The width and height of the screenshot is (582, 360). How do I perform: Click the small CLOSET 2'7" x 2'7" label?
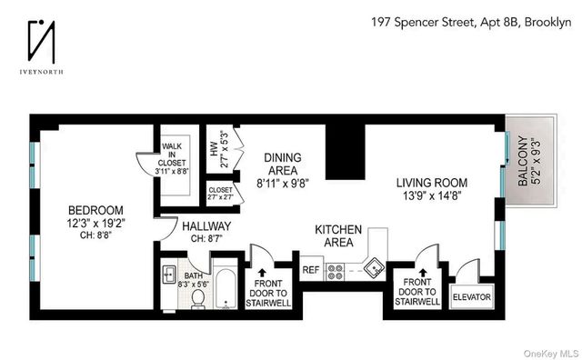click(220, 194)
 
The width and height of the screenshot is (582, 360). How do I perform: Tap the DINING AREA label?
click(282, 169)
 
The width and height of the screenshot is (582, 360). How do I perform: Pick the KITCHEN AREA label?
click(338, 236)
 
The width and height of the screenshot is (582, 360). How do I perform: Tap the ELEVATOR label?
click(470, 295)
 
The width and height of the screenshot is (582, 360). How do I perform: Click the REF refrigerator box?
click(310, 270)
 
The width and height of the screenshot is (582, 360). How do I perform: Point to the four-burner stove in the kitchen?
click(336, 270)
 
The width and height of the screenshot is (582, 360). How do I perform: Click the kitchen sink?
click(374, 268)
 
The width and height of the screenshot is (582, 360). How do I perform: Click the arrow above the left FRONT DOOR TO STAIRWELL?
click(263, 269)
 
